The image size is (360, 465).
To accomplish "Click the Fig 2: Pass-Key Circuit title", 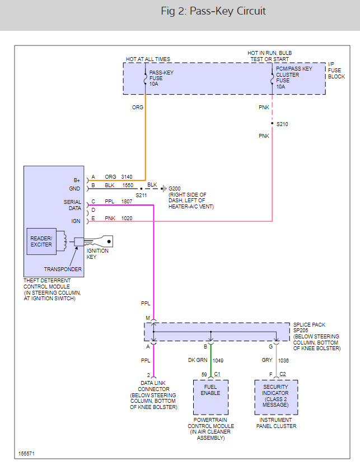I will pyautogui.click(x=213, y=12).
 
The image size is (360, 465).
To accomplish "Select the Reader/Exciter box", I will pyautogui.click(x=41, y=241).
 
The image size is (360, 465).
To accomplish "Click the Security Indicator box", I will pyautogui.click(x=276, y=396).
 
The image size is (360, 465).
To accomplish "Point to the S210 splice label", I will pyautogui.click(x=283, y=124).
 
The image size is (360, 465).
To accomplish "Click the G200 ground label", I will pyautogui.click(x=175, y=188).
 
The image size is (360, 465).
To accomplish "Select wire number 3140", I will pyautogui.click(x=127, y=177).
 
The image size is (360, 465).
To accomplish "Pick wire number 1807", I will pyautogui.click(x=127, y=202).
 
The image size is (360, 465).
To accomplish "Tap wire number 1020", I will pyautogui.click(x=127, y=218).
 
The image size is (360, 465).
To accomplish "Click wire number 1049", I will pyautogui.click(x=218, y=360).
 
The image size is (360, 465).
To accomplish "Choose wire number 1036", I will pyautogui.click(x=283, y=360).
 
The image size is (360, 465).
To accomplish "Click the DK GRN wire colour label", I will pyautogui.click(x=197, y=360).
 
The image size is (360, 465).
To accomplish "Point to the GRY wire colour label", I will pyautogui.click(x=267, y=360).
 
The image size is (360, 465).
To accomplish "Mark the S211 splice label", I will pyautogui.click(x=141, y=196).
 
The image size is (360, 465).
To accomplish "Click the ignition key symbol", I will pyautogui.click(x=100, y=241).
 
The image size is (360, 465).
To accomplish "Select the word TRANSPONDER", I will pyautogui.click(x=63, y=269).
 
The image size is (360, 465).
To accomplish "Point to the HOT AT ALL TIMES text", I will pyautogui.click(x=148, y=59).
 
